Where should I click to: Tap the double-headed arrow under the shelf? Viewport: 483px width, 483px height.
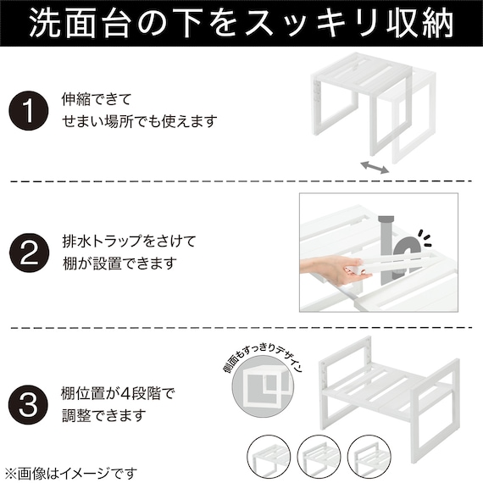tap(374, 167)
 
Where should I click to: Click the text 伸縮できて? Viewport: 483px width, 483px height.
tap(96, 99)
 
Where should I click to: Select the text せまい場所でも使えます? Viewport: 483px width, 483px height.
tap(139, 122)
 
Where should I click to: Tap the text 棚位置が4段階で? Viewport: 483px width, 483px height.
tap(118, 392)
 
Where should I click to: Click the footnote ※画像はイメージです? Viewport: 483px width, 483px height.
tap(69, 472)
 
